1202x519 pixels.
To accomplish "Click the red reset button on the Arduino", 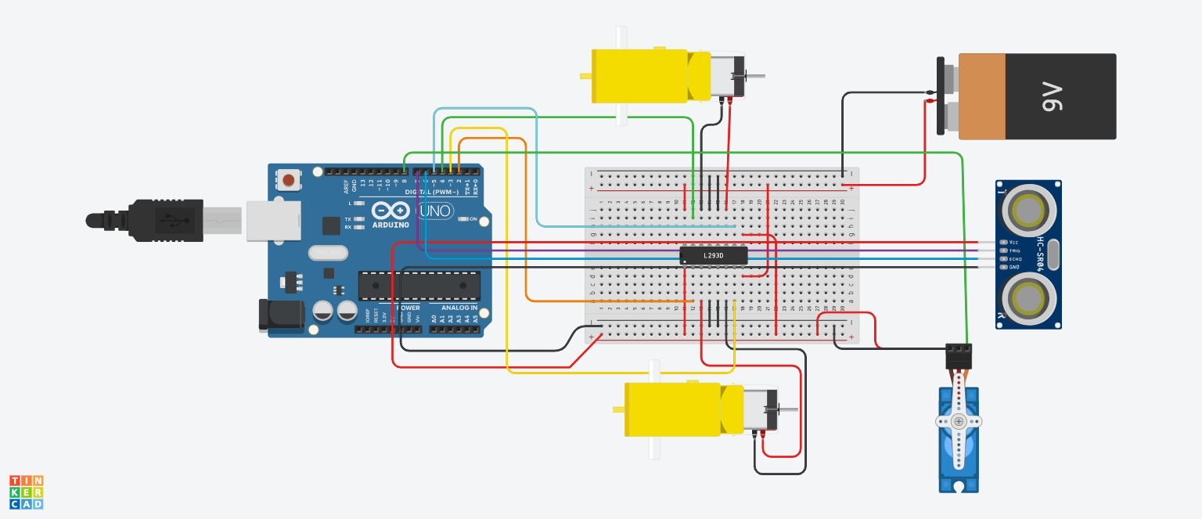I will (289, 181).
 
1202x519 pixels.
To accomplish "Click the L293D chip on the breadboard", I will (713, 255).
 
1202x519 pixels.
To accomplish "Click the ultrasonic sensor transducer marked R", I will (1027, 297).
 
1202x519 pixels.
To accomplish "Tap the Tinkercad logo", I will (26, 492).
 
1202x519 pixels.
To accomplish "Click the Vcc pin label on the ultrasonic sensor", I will (1015, 242).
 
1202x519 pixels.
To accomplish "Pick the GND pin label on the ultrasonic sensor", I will (1015, 267).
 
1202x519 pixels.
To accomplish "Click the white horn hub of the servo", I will (958, 421).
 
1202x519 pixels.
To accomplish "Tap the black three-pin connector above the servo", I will (959, 356).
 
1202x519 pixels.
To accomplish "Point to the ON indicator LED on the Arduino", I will (463, 219).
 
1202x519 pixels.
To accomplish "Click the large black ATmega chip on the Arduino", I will (419, 286).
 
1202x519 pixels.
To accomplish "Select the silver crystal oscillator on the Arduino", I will (328, 253).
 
